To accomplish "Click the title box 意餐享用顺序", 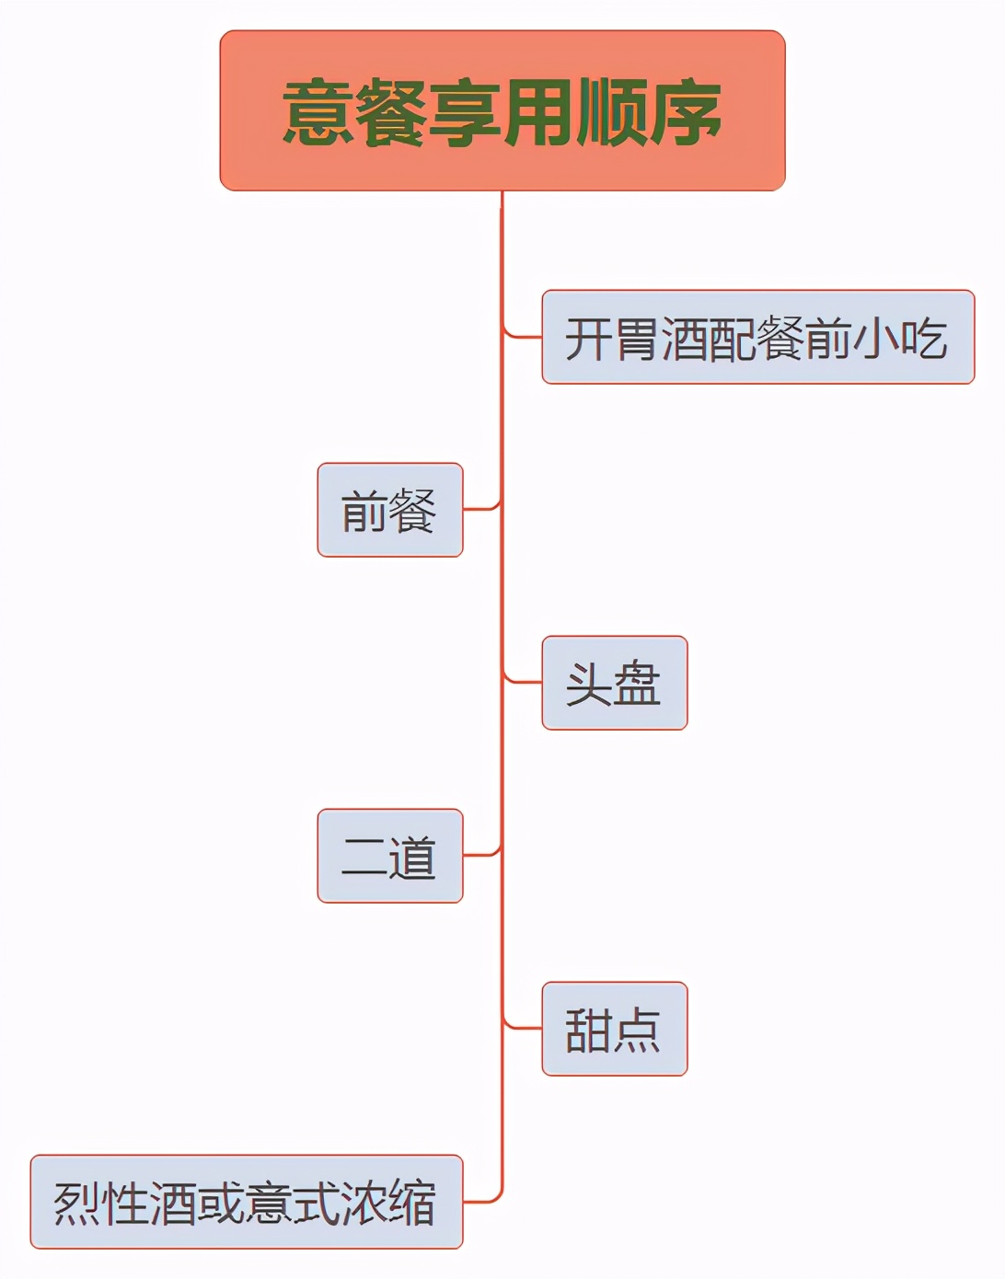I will (x=502, y=110).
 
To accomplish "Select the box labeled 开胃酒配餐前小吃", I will (x=757, y=337).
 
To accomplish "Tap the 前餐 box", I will (x=389, y=510).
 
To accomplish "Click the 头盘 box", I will (x=614, y=683).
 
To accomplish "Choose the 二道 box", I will (x=389, y=856).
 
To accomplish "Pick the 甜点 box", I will (x=614, y=1029).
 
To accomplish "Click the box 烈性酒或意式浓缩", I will (x=246, y=1202).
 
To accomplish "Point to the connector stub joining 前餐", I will (x=480, y=508).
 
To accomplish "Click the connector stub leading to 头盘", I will (x=523, y=682).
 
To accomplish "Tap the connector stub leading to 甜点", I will (x=523, y=1028).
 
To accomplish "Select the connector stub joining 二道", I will (x=480, y=855).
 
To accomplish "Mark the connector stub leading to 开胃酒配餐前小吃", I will (x=523, y=336).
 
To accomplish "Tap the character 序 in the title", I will (x=685, y=112).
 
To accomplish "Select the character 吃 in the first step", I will (x=923, y=339).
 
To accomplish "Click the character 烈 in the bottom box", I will (x=77, y=1204).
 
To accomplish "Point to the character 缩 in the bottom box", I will (x=412, y=1204).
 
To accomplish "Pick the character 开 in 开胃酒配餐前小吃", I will (x=588, y=339).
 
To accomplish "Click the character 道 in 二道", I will (x=413, y=858).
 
